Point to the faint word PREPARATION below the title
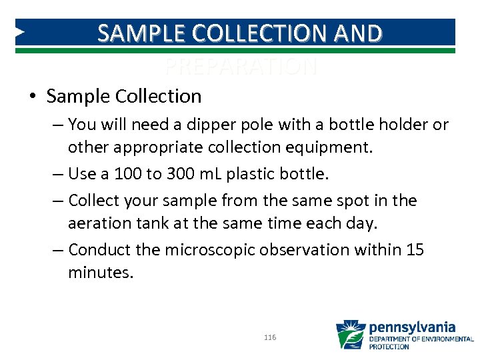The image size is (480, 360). point(240,67)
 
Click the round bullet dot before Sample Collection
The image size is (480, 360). point(33,97)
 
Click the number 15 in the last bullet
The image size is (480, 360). point(415,250)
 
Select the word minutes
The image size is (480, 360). point(101,273)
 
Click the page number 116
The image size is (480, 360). point(270,338)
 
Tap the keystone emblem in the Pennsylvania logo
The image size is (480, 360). point(350,335)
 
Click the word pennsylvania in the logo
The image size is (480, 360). point(412,327)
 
